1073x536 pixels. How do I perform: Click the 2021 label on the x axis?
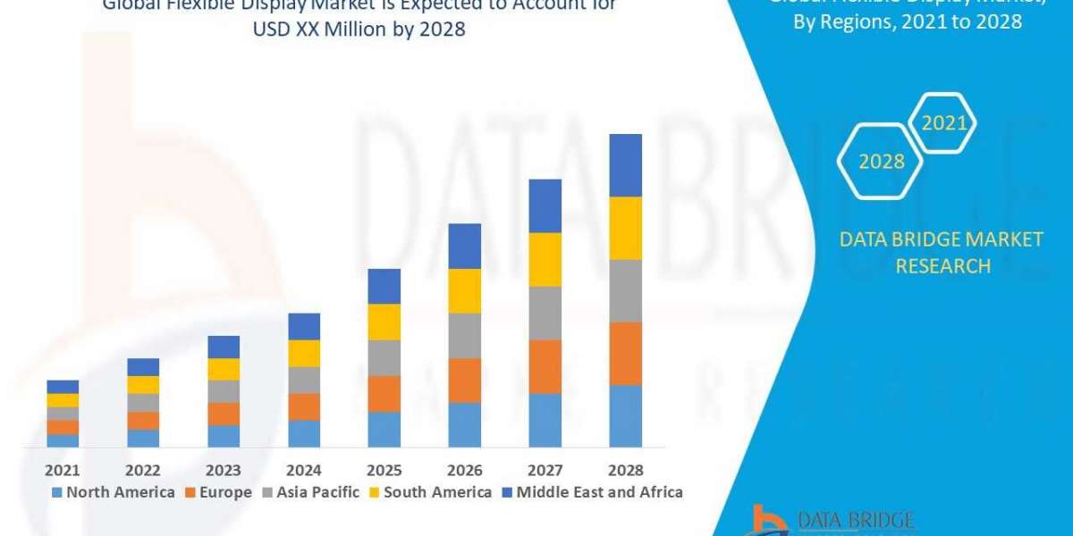pyautogui.click(x=63, y=470)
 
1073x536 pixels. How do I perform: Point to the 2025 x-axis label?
pyautogui.click(x=384, y=470)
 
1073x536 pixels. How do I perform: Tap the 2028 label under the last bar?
pyautogui.click(x=625, y=470)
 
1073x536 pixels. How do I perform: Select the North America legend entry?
pyautogui.click(x=114, y=492)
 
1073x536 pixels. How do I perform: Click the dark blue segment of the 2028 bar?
pyautogui.click(x=625, y=165)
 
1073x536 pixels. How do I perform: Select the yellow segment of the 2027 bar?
pyautogui.click(x=545, y=259)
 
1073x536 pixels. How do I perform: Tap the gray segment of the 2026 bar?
pyautogui.click(x=464, y=335)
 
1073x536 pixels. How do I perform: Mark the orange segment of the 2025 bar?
pyautogui.click(x=384, y=393)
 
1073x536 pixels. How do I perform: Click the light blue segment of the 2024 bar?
pyautogui.click(x=304, y=433)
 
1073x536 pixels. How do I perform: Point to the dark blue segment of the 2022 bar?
pyautogui.click(x=143, y=367)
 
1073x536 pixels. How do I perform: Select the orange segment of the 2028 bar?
pyautogui.click(x=625, y=353)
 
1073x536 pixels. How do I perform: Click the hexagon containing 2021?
pyautogui.click(x=943, y=123)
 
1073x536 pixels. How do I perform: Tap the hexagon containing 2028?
pyautogui.click(x=881, y=162)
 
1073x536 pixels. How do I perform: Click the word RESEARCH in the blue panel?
pyautogui.click(x=941, y=266)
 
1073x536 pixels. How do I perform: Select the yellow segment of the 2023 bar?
pyautogui.click(x=224, y=369)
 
